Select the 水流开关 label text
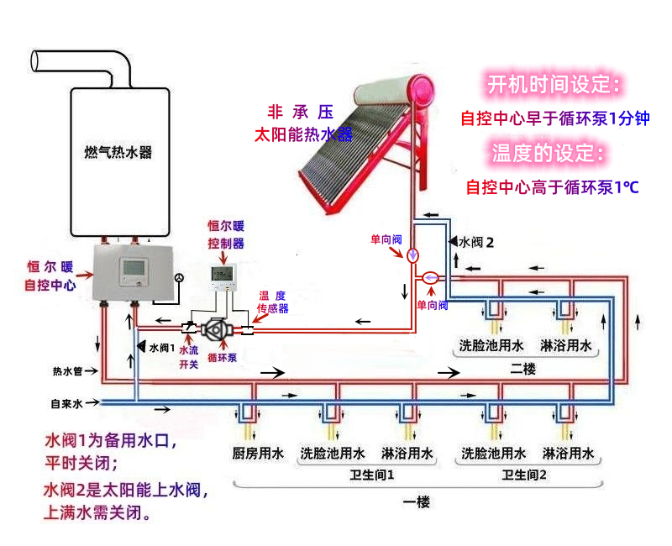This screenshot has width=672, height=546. click(189, 356)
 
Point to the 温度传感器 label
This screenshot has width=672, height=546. click(272, 302)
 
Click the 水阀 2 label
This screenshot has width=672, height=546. click(475, 242)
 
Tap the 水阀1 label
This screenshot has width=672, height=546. click(160, 346)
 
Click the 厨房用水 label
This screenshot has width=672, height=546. click(259, 454)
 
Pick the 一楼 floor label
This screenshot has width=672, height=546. click(416, 502)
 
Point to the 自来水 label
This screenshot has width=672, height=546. click(66, 403)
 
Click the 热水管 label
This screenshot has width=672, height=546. click(67, 370)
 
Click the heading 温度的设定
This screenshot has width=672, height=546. click(548, 153)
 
